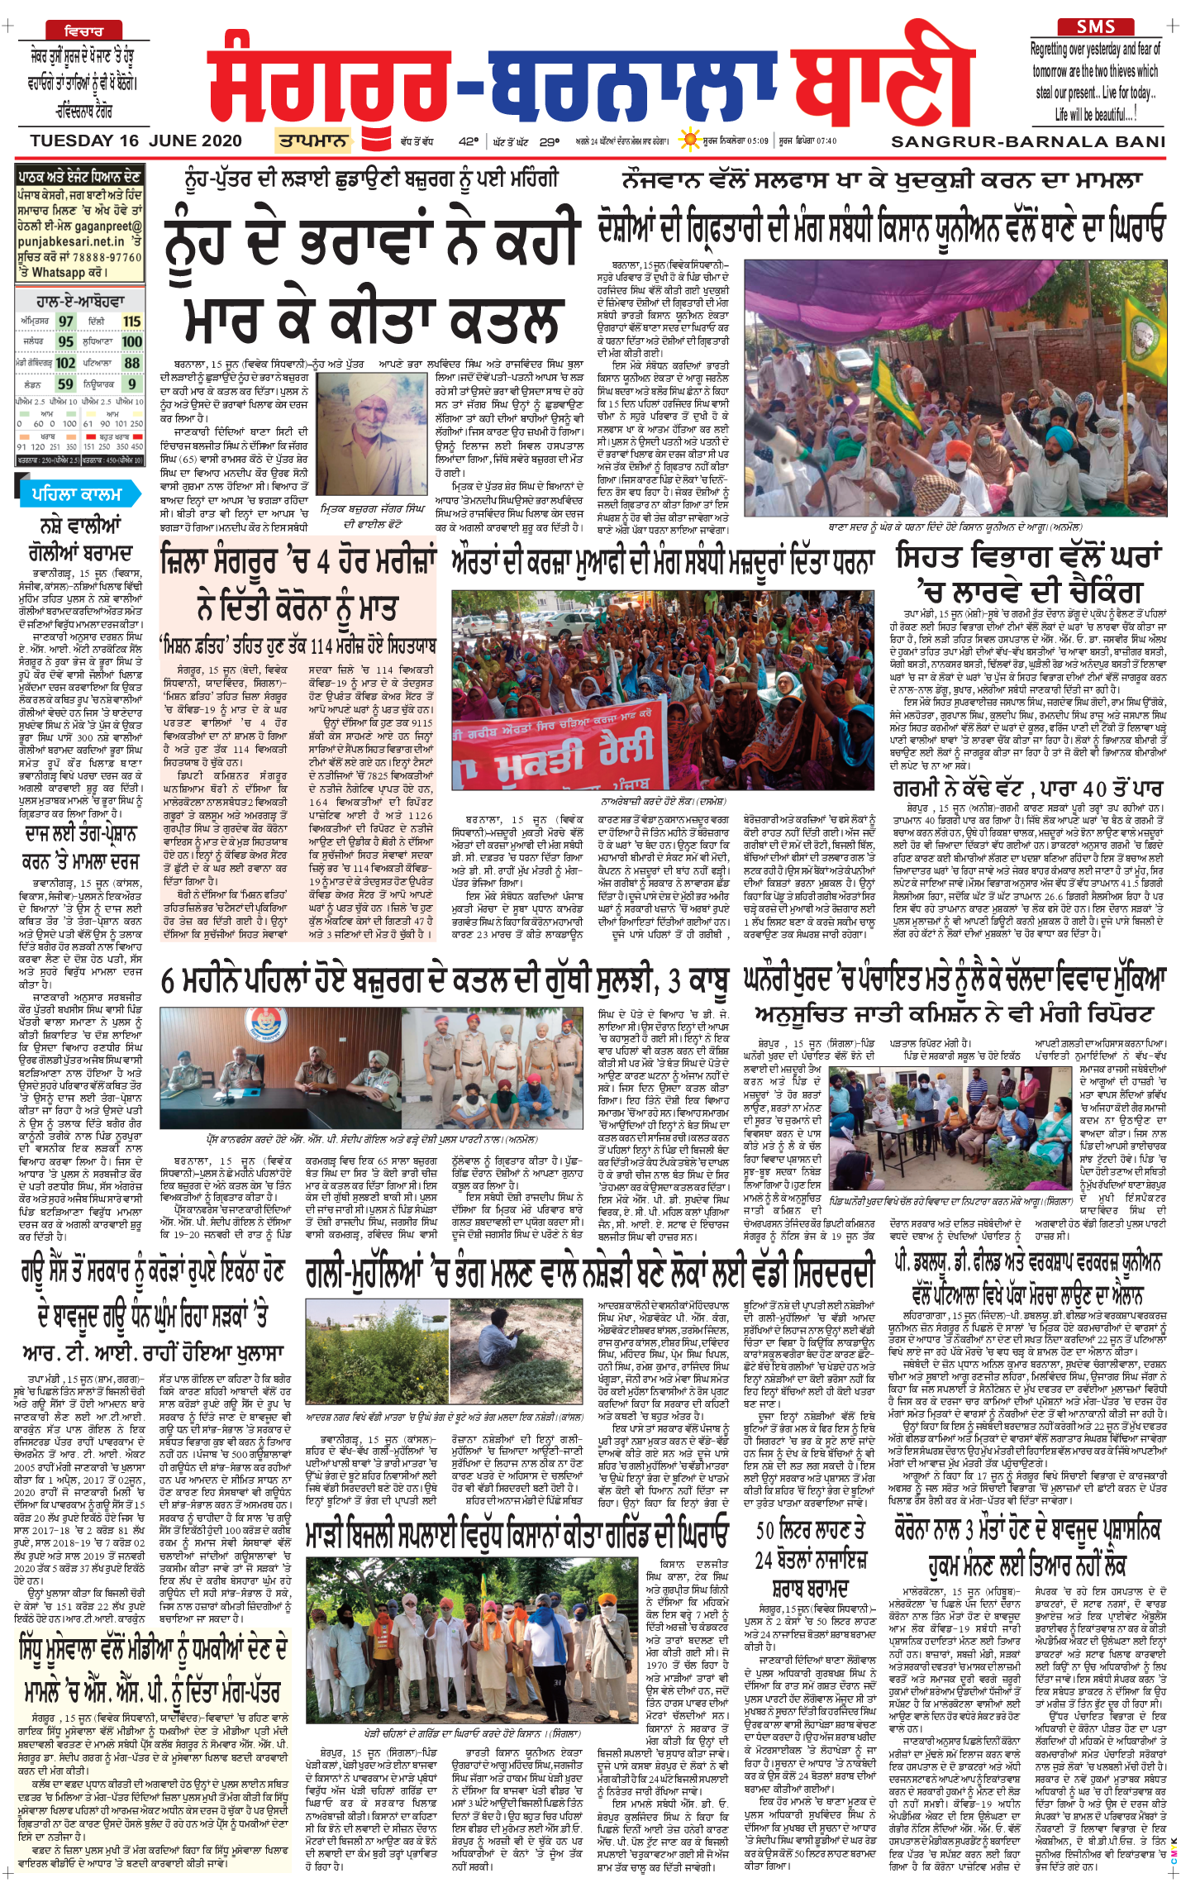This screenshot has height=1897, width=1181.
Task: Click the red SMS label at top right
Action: (x=1096, y=26)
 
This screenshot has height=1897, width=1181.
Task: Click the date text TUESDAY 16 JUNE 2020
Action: (x=136, y=141)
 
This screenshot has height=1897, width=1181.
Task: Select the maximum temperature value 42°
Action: (x=469, y=141)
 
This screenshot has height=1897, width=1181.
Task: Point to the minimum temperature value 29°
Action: (x=549, y=141)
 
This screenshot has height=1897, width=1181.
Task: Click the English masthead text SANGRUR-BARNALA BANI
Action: (x=1028, y=141)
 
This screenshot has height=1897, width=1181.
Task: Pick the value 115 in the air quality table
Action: (x=131, y=322)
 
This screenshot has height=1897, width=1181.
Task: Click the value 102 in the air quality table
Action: (x=65, y=363)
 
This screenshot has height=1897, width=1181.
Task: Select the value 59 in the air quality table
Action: (x=65, y=384)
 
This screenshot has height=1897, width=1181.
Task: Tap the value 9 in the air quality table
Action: (x=131, y=384)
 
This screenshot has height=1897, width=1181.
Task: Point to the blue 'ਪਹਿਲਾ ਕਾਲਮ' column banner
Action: (x=77, y=494)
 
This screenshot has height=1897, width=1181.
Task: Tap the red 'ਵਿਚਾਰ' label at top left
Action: (x=83, y=31)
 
